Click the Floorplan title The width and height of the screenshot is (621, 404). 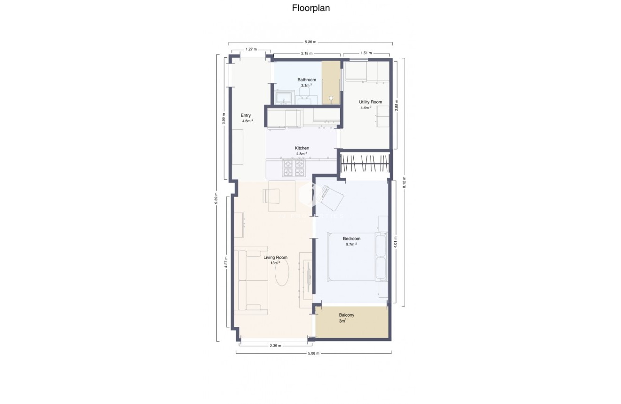[310, 8]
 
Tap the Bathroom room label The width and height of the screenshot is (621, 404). [307, 80]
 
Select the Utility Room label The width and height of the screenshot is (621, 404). [370, 102]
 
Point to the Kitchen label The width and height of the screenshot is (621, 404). [302, 148]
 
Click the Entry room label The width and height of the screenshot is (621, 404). [246, 115]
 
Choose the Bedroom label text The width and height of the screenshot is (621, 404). [351, 239]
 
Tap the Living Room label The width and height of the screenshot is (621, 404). [275, 257]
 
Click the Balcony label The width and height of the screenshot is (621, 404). [347, 315]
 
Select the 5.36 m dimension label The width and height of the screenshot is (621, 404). [310, 42]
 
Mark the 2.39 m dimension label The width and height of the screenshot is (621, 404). [275, 346]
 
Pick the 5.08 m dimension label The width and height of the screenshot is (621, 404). [314, 353]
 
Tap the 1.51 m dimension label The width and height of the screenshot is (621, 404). [366, 53]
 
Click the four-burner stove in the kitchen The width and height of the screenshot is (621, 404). [294, 168]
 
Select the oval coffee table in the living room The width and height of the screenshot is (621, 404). [282, 273]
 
